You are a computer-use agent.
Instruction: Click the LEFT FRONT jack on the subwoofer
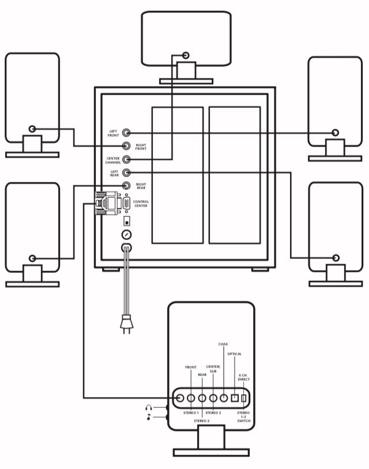pyautogui.click(x=126, y=133)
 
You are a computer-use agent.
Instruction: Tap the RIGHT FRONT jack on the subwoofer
pyautogui.click(x=126, y=146)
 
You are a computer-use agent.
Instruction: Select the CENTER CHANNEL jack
pyautogui.click(x=126, y=159)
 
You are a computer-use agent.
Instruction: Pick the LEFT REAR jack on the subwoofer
pyautogui.click(x=126, y=172)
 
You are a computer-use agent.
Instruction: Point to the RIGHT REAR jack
pyautogui.click(x=126, y=186)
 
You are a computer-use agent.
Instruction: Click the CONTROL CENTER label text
pyautogui.click(x=141, y=204)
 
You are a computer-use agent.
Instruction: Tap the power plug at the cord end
pyautogui.click(x=126, y=324)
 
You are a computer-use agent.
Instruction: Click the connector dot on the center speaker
pyautogui.click(x=186, y=55)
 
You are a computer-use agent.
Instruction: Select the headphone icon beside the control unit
pyautogui.click(x=149, y=407)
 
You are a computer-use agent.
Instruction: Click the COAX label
pyautogui.click(x=223, y=344)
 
